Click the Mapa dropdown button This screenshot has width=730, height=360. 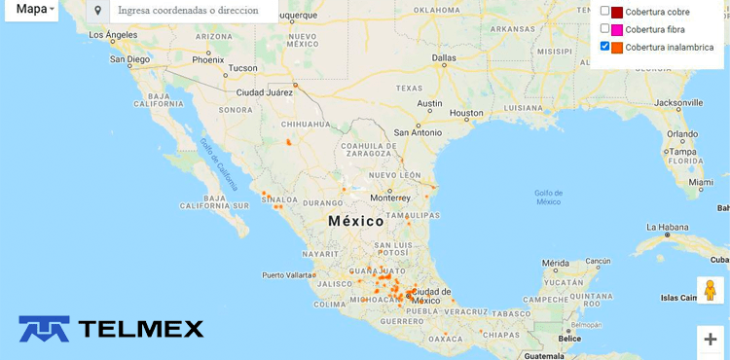36,10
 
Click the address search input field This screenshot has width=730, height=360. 190,11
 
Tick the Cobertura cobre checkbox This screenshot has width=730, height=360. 604,12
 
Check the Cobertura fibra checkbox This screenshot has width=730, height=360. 604,29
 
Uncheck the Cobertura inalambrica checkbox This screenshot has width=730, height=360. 604,47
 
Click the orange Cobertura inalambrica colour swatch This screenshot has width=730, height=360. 617,47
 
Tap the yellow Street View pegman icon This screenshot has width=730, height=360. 710,290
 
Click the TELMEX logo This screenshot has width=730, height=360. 112,329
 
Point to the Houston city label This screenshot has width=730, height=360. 466,113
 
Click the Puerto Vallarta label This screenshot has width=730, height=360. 288,274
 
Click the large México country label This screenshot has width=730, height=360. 356,222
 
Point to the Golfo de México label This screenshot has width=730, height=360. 548,197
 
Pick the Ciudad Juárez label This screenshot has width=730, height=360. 265,92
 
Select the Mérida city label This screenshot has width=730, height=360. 557,264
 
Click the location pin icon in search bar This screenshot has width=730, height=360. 97,11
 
